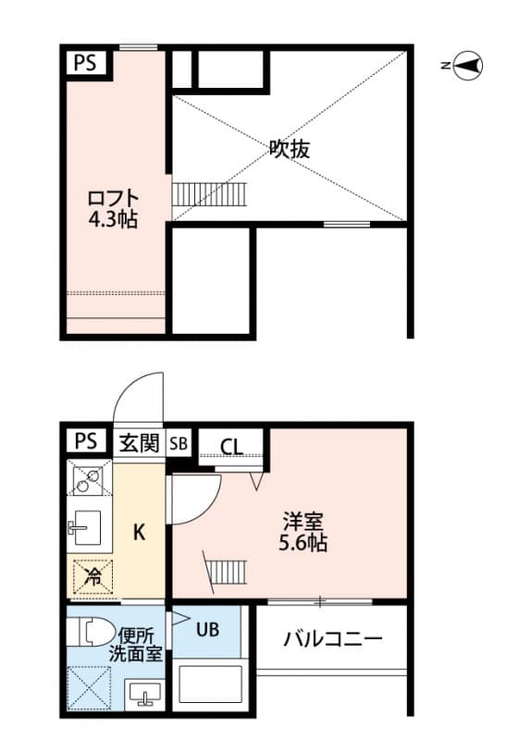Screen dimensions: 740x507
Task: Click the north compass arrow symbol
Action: [x=467, y=65]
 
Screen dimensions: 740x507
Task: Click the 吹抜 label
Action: [x=290, y=148]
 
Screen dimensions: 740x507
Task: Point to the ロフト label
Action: [x=114, y=199]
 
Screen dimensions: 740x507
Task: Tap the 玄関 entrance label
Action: [x=140, y=442]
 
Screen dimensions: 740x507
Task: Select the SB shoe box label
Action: [x=179, y=443]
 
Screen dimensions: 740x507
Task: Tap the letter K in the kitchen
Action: [x=140, y=532]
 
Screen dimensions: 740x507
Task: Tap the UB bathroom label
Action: [x=207, y=631]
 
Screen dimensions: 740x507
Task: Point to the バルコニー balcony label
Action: [x=333, y=638]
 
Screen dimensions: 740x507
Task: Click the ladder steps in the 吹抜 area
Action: [x=210, y=194]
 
